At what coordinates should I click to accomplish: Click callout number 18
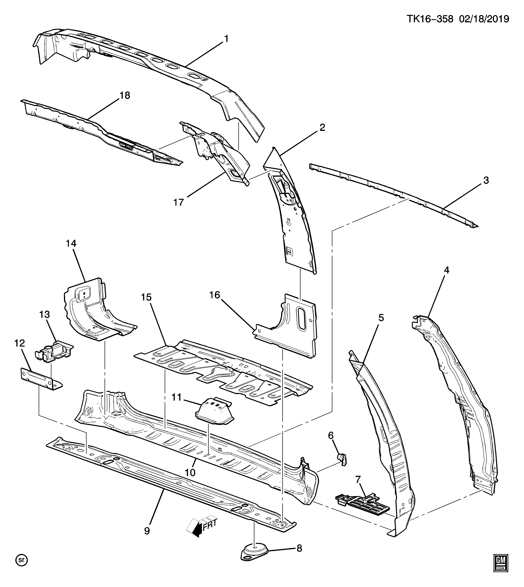coord(125,95)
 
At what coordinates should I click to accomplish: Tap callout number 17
coord(179,202)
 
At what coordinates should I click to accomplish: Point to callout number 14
coord(71,243)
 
